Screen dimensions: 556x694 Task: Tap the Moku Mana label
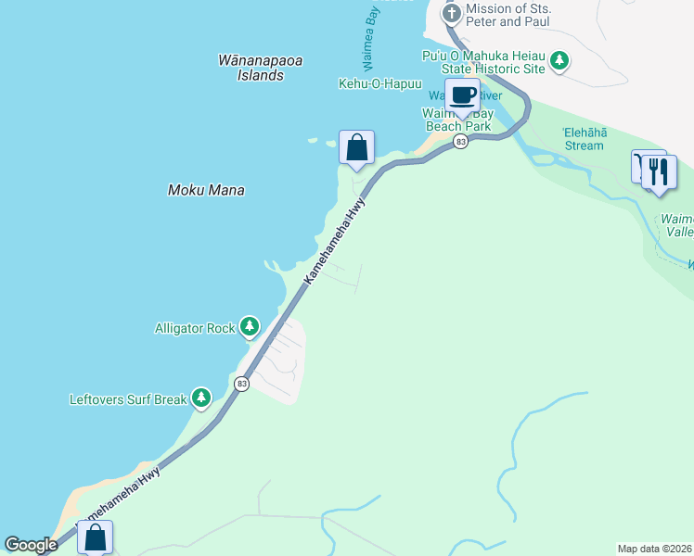click(x=206, y=190)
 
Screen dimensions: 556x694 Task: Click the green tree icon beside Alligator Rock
click(x=249, y=326)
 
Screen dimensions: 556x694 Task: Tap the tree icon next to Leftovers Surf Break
click(x=201, y=399)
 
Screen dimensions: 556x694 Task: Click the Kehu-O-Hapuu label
click(x=380, y=83)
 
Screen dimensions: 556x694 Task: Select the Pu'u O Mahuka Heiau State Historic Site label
click(x=481, y=63)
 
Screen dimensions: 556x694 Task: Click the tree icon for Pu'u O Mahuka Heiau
click(x=559, y=62)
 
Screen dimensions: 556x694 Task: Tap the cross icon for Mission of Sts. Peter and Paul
click(x=451, y=14)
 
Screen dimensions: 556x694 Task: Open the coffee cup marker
click(x=462, y=95)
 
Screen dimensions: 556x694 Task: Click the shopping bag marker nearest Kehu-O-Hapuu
click(x=356, y=147)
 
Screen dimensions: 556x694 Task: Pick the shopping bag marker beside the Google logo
click(x=96, y=537)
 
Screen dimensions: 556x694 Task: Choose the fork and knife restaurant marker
click(x=659, y=171)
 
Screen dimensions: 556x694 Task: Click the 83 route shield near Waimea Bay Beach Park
click(x=460, y=142)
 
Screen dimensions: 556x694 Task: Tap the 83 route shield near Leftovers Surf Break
click(x=242, y=384)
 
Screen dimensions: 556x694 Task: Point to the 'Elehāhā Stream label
click(x=585, y=139)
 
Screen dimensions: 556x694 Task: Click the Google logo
click(x=32, y=545)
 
